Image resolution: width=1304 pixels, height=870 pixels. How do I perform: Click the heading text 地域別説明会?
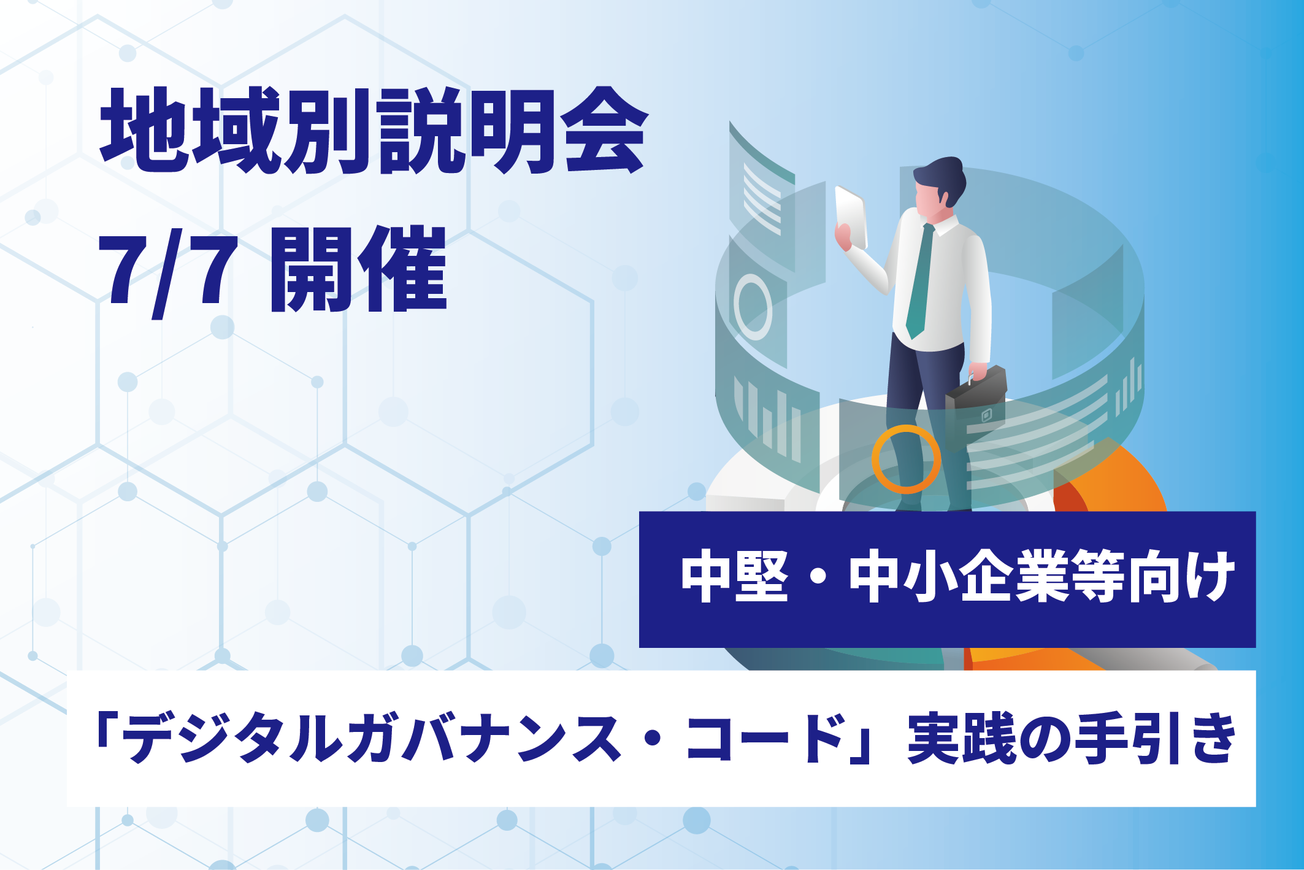pyautogui.click(x=374, y=131)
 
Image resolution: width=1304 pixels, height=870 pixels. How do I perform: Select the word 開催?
pyautogui.click(x=358, y=270)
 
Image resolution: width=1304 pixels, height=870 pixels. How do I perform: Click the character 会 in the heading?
pyautogui.click(x=604, y=131)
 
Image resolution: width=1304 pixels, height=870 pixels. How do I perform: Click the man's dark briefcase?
pyautogui.click(x=976, y=399)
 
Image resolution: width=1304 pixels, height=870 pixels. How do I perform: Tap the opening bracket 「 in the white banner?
pyautogui.click(x=105, y=730)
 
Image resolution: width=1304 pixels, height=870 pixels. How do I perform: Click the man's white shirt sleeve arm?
pyautogui.click(x=978, y=301)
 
